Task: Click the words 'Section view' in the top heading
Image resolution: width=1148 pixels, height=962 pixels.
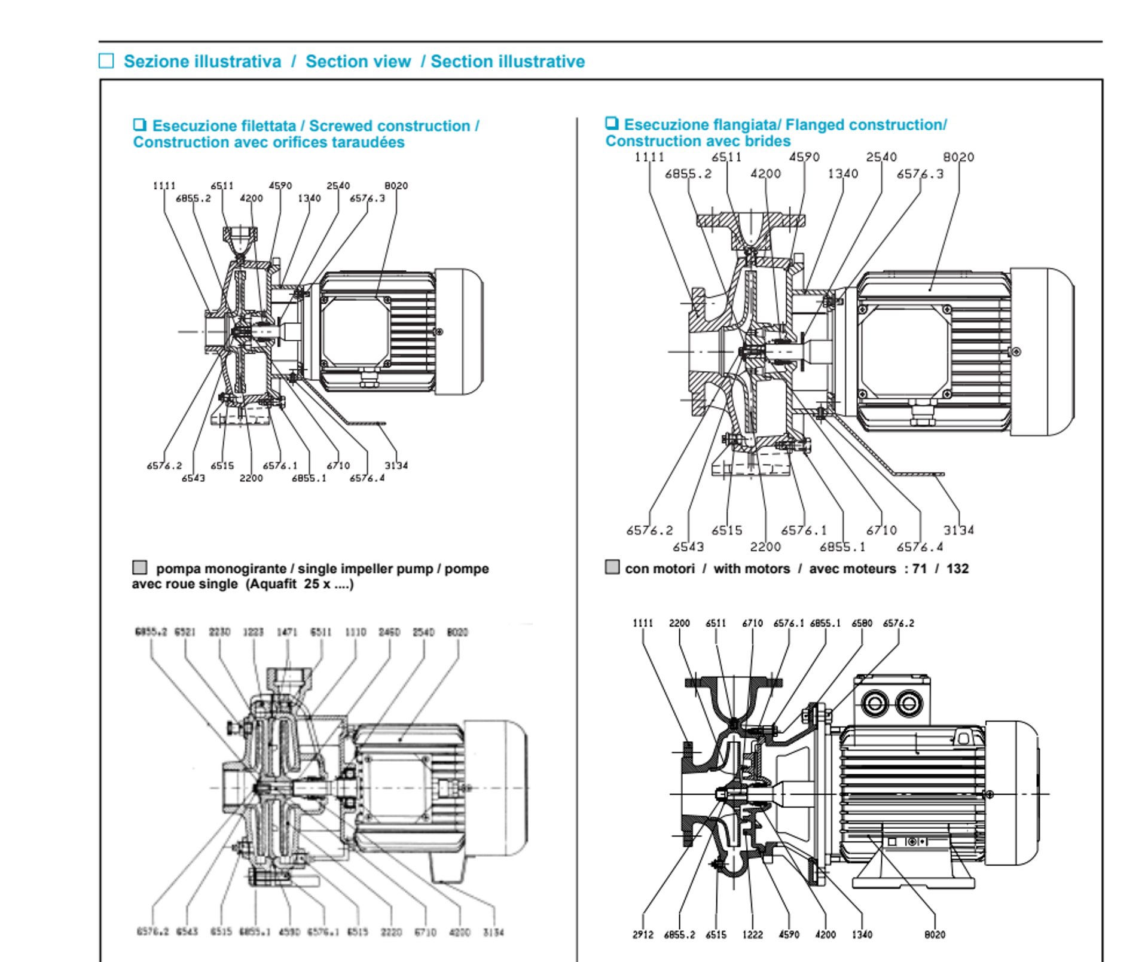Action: [358, 62]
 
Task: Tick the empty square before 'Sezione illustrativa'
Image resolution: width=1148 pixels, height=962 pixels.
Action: [106, 61]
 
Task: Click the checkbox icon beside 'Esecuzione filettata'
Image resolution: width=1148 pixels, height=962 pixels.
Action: [139, 125]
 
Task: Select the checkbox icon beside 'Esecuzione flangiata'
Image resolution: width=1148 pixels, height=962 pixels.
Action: [611, 123]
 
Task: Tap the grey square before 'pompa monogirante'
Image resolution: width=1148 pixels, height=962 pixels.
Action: [139, 567]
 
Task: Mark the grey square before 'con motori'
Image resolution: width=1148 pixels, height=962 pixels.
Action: [612, 567]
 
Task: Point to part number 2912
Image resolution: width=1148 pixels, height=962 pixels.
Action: [643, 934]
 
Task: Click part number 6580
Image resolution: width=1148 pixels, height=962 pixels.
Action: [862, 623]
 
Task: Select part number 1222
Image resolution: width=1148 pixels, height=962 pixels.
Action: [752, 934]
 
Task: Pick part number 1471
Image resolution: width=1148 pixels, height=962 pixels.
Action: [287, 632]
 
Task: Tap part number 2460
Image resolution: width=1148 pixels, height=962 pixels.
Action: [389, 632]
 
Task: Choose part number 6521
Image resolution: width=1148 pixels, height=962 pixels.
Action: [185, 632]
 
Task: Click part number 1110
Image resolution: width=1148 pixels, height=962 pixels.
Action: [355, 632]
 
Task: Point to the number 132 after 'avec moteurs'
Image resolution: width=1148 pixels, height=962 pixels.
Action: [957, 569]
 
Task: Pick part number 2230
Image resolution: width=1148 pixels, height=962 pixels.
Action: [219, 632]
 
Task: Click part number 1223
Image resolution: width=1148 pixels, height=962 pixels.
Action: [253, 632]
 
